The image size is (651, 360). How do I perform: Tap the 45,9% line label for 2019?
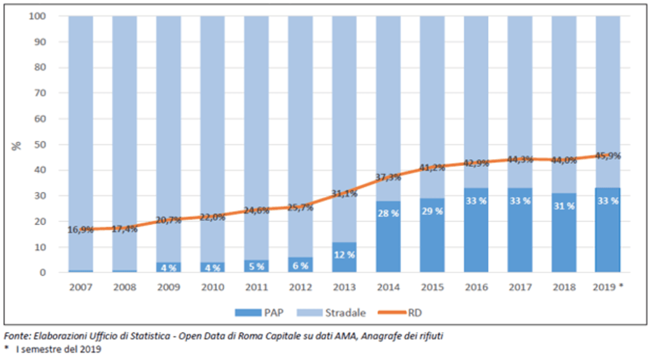(x=607, y=155)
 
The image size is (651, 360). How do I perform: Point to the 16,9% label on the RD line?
(x=81, y=228)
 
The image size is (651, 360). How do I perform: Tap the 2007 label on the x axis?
(x=81, y=287)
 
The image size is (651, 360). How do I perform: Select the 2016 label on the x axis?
(x=475, y=287)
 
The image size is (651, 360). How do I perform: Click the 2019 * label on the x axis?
(x=609, y=287)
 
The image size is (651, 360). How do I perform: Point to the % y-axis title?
(x=17, y=144)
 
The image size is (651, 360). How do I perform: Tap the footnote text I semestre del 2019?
(x=57, y=349)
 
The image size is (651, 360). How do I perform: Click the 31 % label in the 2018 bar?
(x=563, y=207)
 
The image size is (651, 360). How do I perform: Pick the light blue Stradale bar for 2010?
(x=213, y=127)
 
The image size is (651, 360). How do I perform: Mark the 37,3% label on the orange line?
(x=388, y=177)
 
